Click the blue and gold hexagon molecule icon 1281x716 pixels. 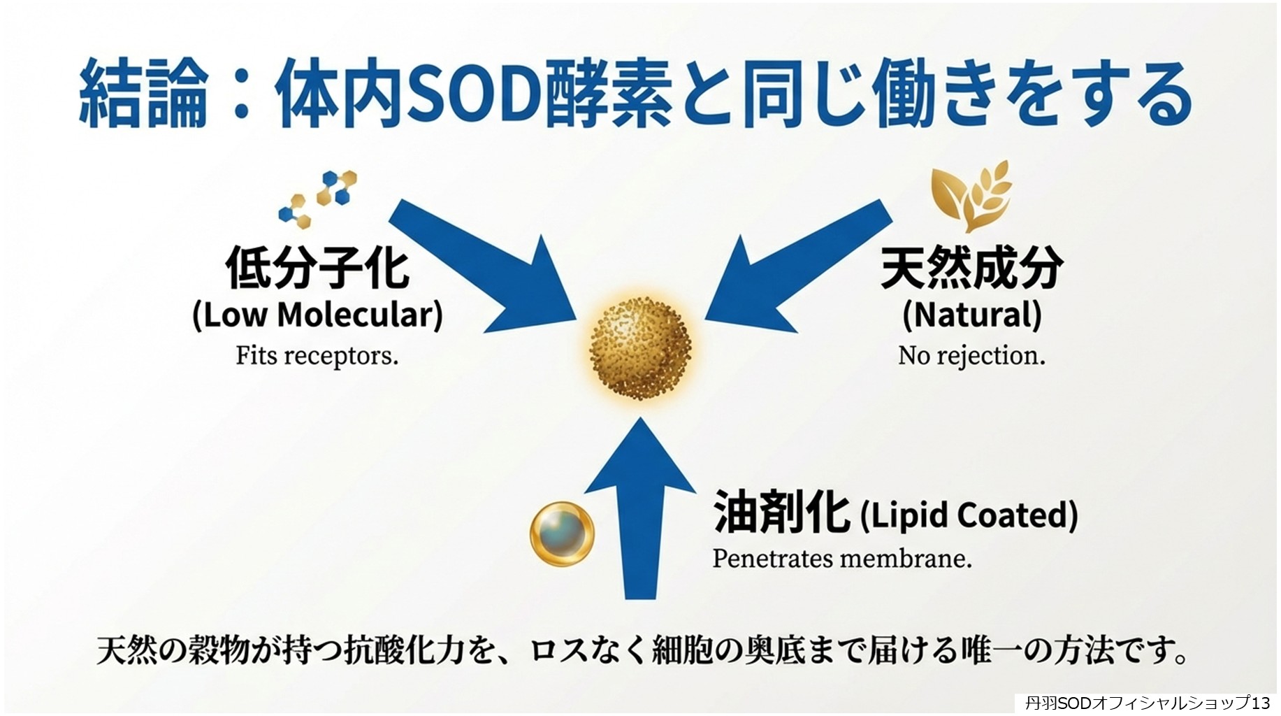tap(318, 199)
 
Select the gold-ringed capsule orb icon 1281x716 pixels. tap(563, 534)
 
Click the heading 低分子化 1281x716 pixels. tap(317, 266)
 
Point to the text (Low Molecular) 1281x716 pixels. tap(317, 315)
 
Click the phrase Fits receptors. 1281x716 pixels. tap(317, 356)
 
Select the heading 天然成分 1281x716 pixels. tap(971, 266)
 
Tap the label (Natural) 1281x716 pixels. tap(971, 315)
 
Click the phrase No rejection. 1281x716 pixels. tap(971, 356)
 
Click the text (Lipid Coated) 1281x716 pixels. tap(969, 515)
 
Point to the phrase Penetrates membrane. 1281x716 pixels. tap(841, 559)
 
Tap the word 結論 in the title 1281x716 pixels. tap(143, 94)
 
